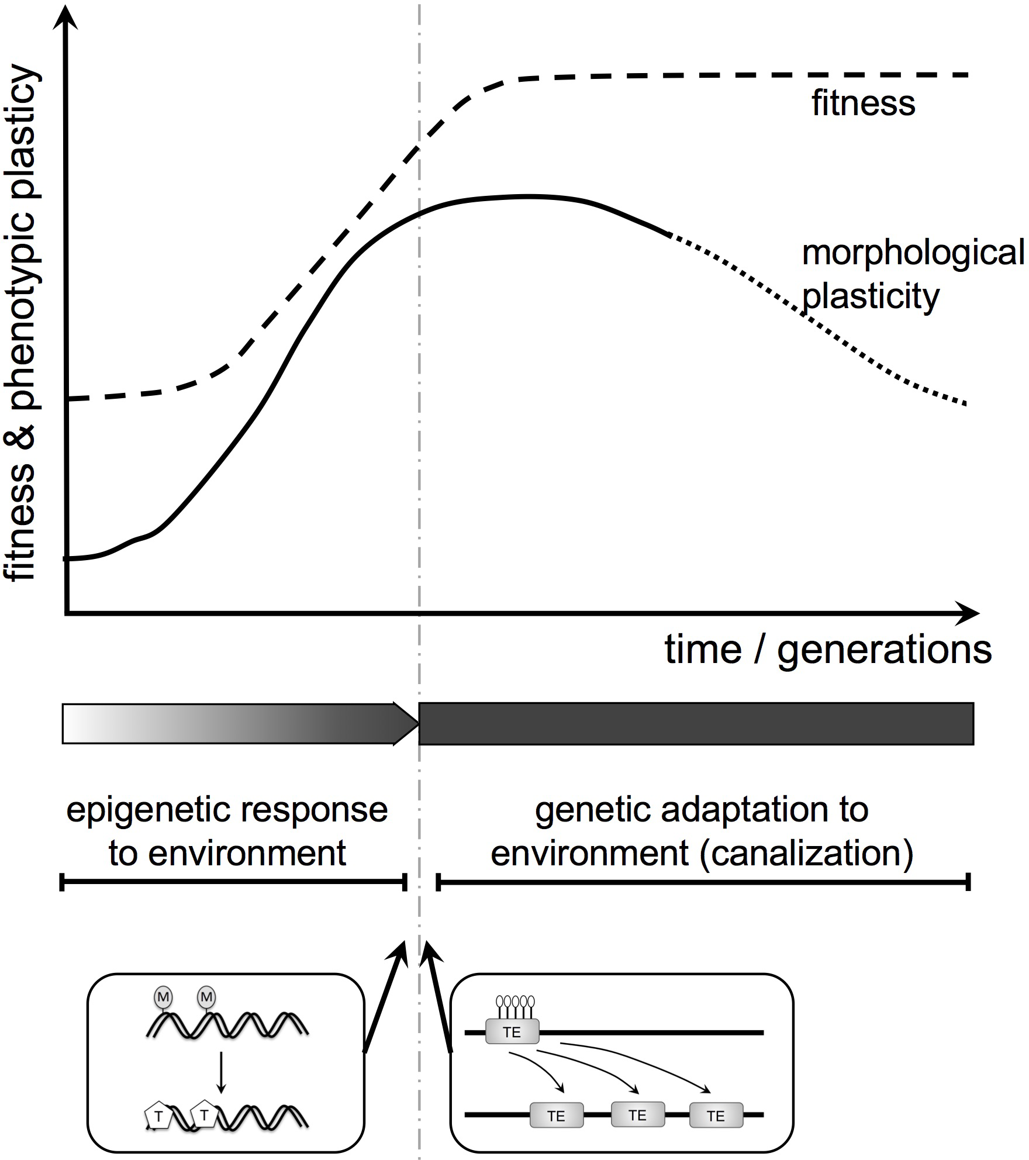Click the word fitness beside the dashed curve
coord(863,103)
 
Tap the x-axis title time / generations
coord(828,650)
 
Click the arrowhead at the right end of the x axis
coord(967,613)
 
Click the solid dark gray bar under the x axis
coord(696,724)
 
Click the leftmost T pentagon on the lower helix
coord(158,1116)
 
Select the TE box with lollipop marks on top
coord(512,1033)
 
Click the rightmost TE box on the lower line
coord(716,1116)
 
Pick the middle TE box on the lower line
coord(637,1115)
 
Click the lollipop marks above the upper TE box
coord(514,1007)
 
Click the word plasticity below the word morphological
coord(870,297)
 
